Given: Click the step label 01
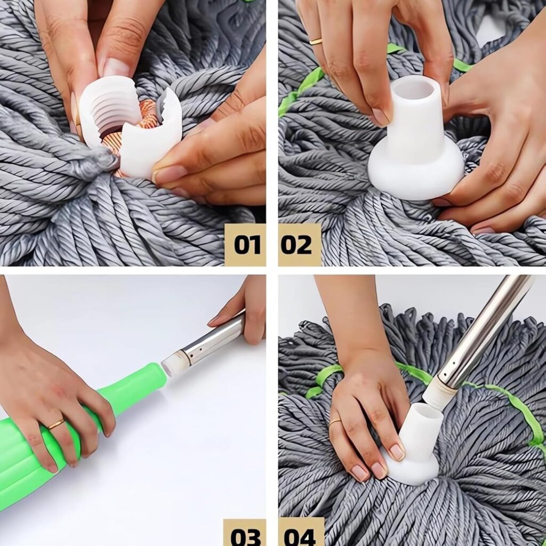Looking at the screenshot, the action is click(x=247, y=244).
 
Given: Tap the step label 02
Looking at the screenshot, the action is click(x=296, y=244).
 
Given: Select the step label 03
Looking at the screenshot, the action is click(x=245, y=536).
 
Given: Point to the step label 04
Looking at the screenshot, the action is click(x=300, y=536).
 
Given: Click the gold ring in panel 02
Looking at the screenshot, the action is click(x=316, y=42).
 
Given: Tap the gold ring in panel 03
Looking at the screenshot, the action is click(x=57, y=424).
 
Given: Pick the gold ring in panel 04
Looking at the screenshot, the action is click(x=335, y=422).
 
